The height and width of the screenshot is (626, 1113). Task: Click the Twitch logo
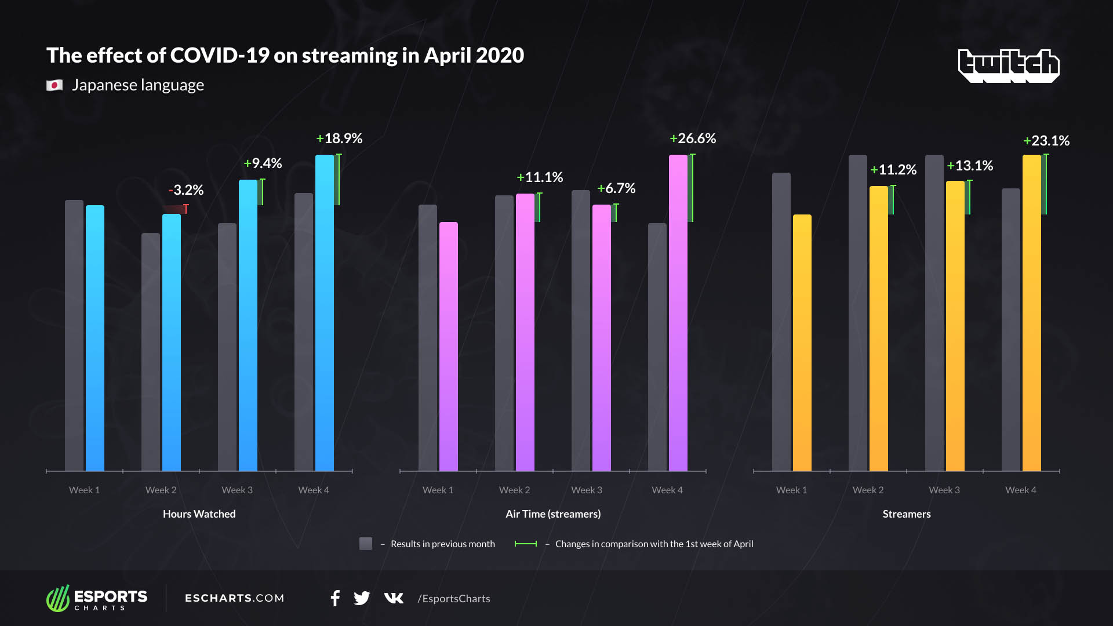[x=1009, y=65]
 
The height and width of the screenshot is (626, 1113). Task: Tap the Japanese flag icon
[x=54, y=86]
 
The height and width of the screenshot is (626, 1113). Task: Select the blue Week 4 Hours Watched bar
[x=325, y=313]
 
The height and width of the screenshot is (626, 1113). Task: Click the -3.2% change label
[x=186, y=190]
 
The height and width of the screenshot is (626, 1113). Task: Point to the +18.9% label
[x=339, y=139]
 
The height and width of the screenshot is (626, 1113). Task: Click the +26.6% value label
[x=693, y=139]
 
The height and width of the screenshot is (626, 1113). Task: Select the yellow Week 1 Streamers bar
[x=802, y=343]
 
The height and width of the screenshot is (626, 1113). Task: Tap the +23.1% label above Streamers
[x=1046, y=141]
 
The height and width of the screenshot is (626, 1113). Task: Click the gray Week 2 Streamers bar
[x=858, y=313]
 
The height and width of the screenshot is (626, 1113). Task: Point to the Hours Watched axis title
[x=199, y=514]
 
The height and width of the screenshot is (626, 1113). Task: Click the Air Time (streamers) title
[x=553, y=514]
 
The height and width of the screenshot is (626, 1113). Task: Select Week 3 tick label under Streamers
[x=944, y=490]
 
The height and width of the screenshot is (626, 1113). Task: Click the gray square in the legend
[x=366, y=544]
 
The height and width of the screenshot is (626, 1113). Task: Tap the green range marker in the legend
[x=526, y=544]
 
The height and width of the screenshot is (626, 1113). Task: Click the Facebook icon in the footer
[x=335, y=598]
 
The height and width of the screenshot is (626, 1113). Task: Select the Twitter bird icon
[x=362, y=598]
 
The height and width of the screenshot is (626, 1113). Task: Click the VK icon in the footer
[x=394, y=598]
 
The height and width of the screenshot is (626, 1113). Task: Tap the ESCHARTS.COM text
[x=234, y=598]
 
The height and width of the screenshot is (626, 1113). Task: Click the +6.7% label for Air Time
[x=616, y=188]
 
